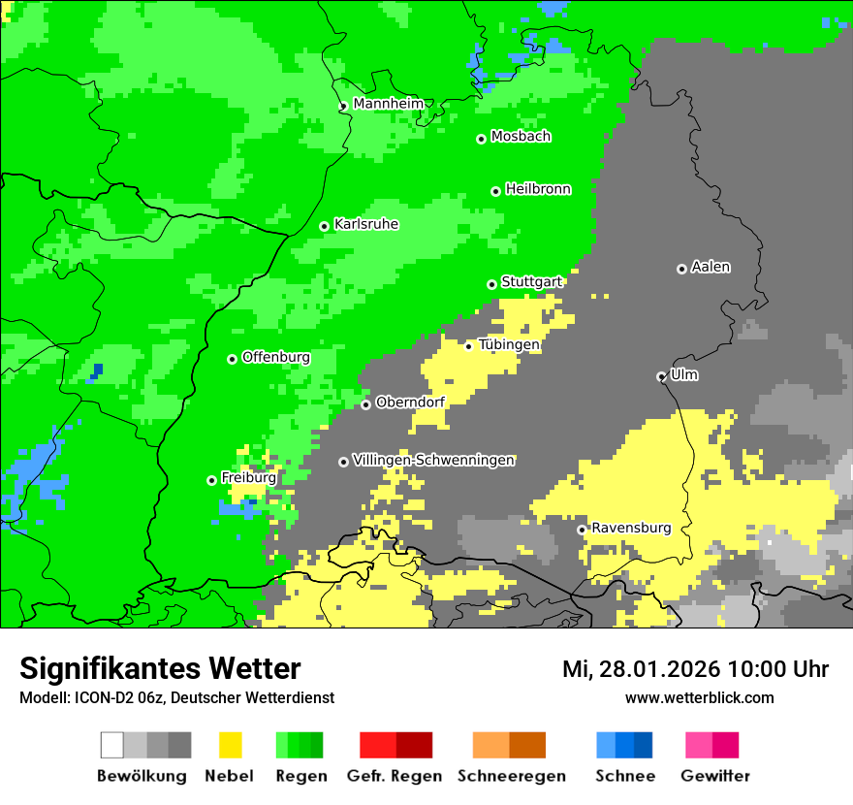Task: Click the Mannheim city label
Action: click(388, 104)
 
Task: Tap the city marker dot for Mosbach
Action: click(481, 139)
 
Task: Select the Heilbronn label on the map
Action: click(538, 189)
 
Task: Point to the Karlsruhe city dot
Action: click(325, 226)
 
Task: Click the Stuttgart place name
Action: click(531, 282)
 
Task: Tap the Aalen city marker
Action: click(681, 269)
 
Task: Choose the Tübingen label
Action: click(509, 344)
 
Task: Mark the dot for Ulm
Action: click(661, 376)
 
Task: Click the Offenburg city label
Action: click(276, 357)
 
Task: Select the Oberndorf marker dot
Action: click(365, 404)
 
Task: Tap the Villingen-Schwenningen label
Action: click(433, 460)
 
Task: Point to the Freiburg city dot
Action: click(211, 480)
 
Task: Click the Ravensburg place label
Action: click(631, 528)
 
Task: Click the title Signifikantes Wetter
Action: click(160, 668)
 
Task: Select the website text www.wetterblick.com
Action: click(699, 697)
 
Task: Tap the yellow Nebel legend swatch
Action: click(230, 745)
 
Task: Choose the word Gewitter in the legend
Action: click(715, 776)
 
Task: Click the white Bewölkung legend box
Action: click(112, 745)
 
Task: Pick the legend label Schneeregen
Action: click(512, 776)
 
